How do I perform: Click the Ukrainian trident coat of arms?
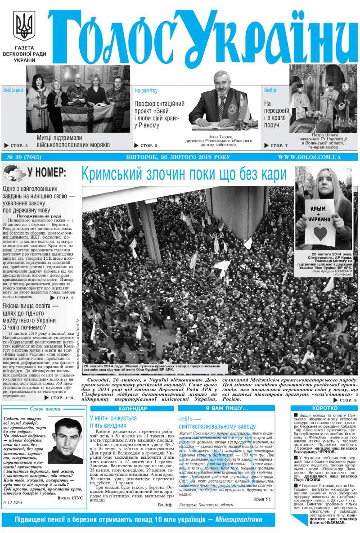24,26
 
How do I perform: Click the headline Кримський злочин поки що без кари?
184,174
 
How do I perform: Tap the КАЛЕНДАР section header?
132,408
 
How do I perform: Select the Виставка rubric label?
13,90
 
